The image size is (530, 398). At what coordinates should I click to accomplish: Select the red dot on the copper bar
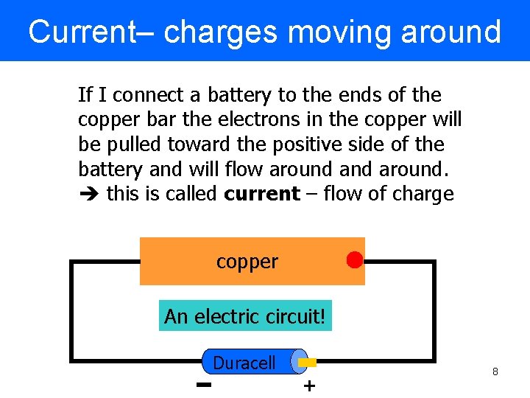(x=355, y=260)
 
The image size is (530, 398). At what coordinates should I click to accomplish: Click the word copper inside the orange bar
(x=247, y=262)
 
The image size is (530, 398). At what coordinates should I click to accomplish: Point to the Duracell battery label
(x=244, y=363)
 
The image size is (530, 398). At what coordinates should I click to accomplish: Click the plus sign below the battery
(x=309, y=385)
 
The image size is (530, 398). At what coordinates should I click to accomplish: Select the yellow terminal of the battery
(x=308, y=362)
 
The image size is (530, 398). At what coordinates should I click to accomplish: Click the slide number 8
(x=495, y=372)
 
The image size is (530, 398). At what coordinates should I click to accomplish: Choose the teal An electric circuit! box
(x=245, y=316)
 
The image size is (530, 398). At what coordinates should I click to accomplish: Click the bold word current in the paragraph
(x=262, y=195)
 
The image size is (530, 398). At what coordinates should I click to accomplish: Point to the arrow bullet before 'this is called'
(x=89, y=195)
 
